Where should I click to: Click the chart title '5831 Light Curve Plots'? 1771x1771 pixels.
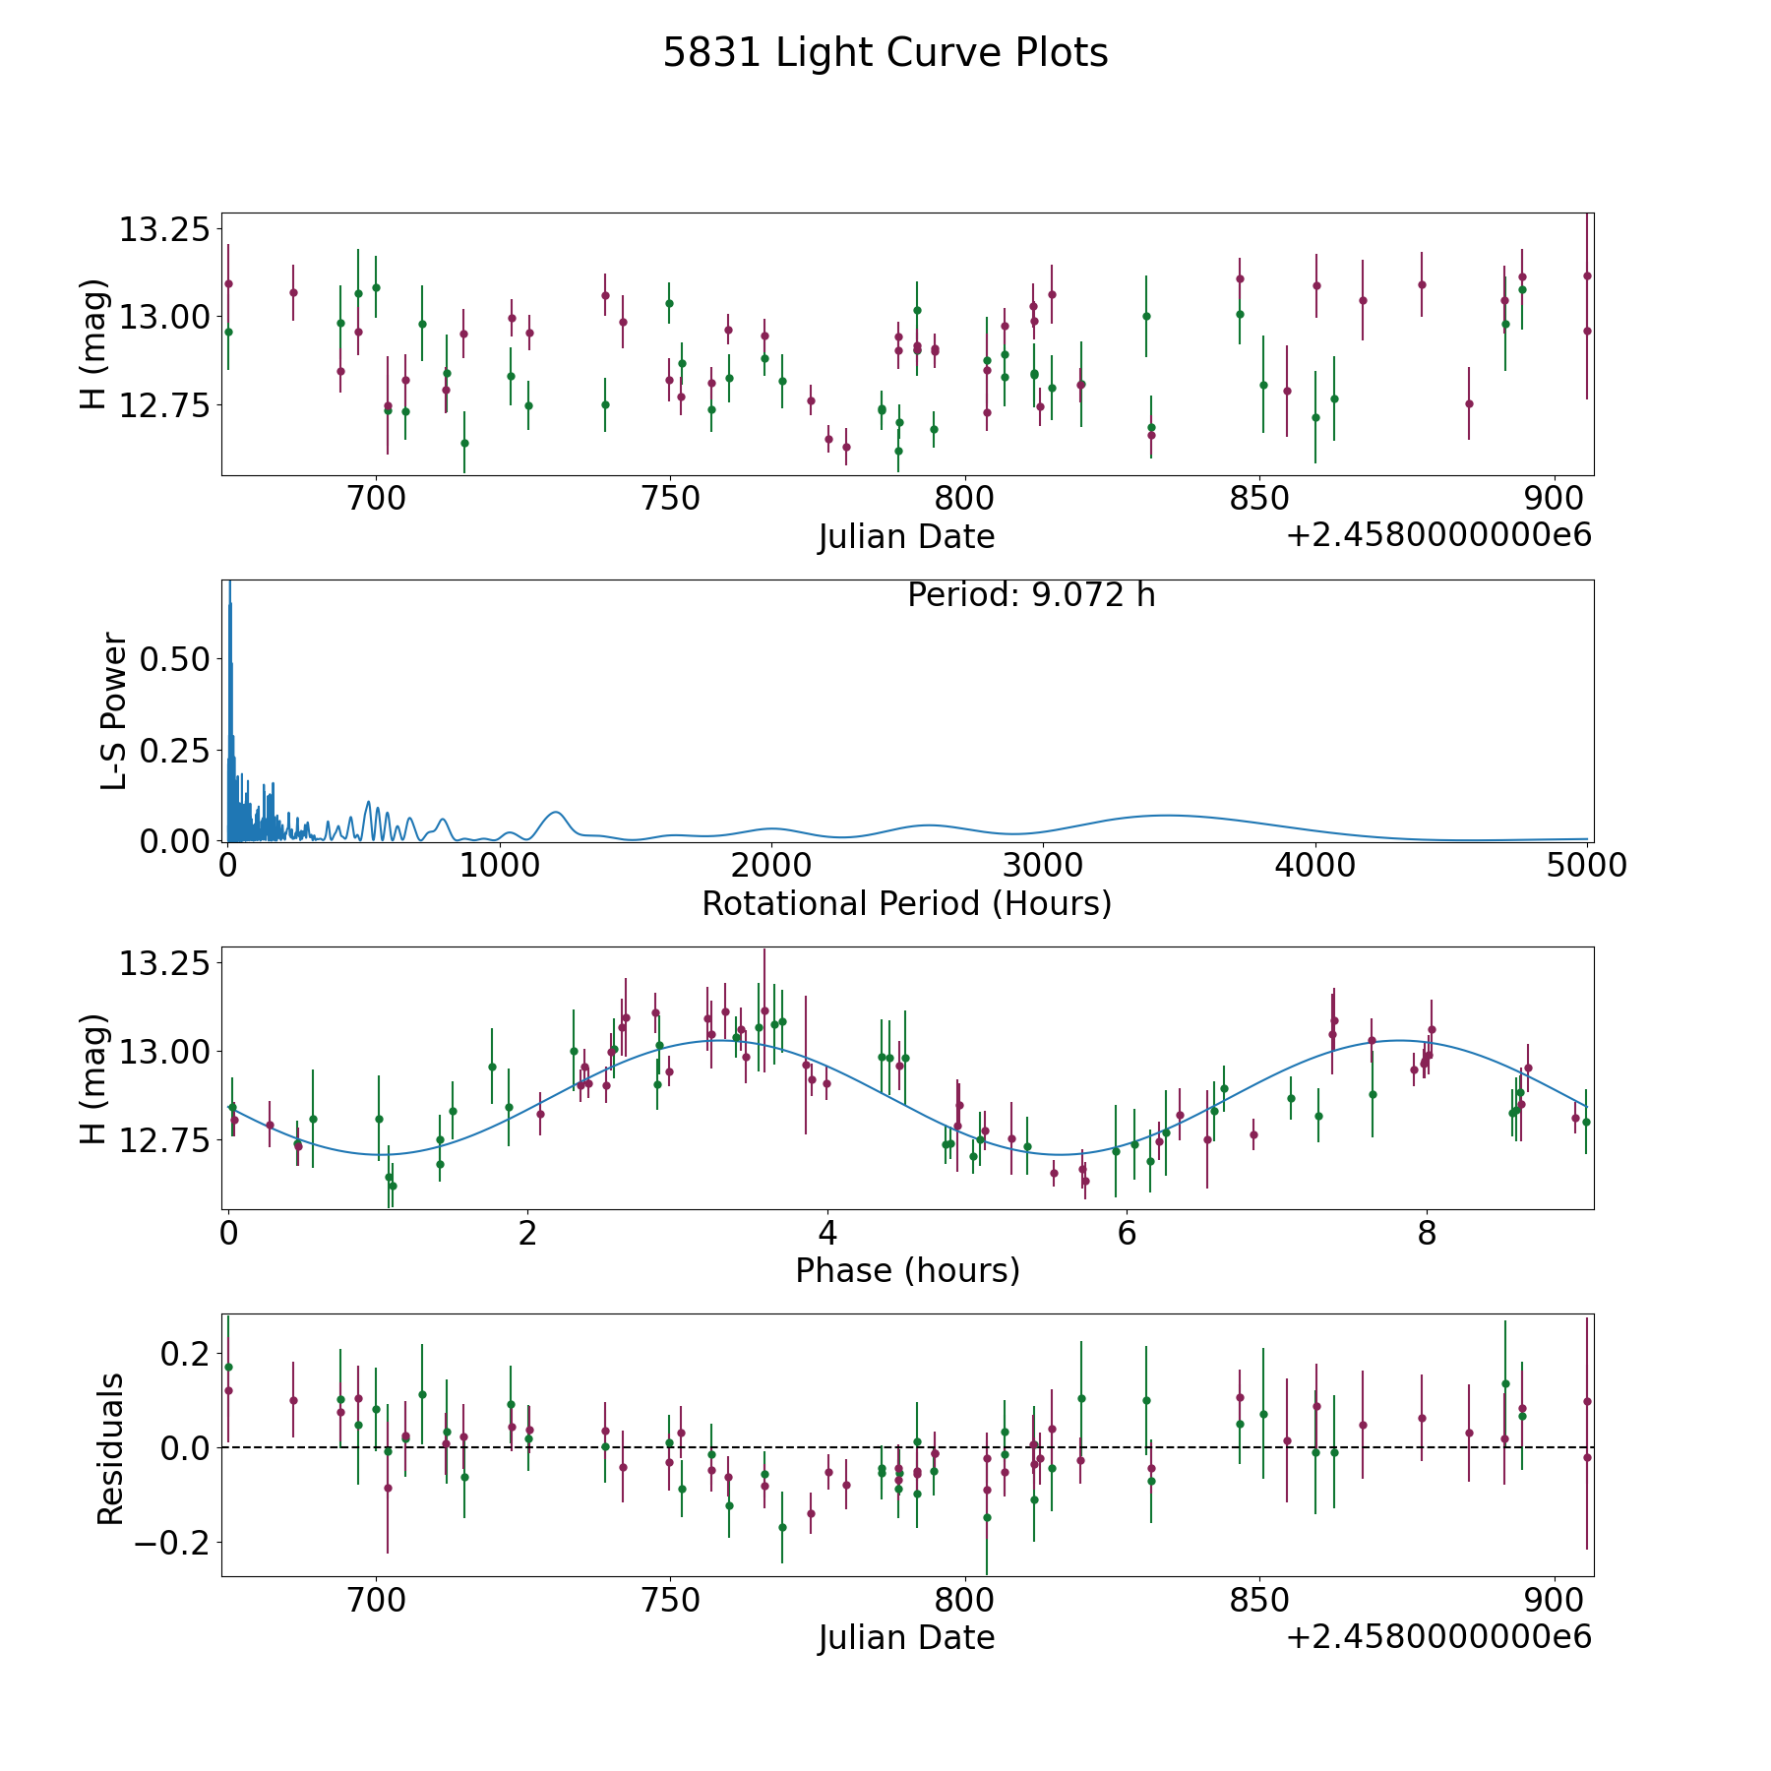[x=885, y=53]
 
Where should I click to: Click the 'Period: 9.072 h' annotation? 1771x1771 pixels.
[x=1030, y=595]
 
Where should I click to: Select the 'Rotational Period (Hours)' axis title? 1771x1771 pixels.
[x=906, y=903]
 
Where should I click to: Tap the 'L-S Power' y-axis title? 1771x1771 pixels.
[x=114, y=710]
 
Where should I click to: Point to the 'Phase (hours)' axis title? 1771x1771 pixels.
[x=907, y=1270]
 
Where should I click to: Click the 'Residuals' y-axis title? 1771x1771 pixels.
[x=110, y=1448]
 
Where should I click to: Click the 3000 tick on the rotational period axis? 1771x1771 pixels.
[x=1043, y=866]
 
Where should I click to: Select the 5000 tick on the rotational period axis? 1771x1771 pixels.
[x=1586, y=866]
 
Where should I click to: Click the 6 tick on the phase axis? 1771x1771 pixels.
[x=1127, y=1233]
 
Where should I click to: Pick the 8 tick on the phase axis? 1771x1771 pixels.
[x=1427, y=1233]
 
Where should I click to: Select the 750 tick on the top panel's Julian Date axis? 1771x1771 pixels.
[x=670, y=499]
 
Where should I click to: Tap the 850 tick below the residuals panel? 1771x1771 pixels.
[x=1258, y=1600]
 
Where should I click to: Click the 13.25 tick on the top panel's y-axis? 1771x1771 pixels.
[x=164, y=230]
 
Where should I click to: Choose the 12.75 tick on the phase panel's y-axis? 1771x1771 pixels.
[x=164, y=1140]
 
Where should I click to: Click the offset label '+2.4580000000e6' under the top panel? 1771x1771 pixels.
[x=1438, y=535]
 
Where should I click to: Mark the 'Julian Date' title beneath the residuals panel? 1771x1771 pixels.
[x=906, y=1637]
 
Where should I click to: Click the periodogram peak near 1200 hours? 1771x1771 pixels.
[x=556, y=812]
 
